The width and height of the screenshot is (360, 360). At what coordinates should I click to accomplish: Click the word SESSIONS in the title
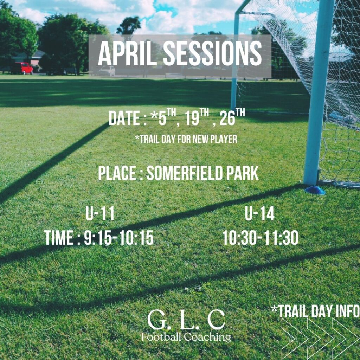pos(213,54)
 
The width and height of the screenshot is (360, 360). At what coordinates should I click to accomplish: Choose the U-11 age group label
pos(100,214)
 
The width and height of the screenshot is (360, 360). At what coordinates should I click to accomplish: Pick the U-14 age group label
pos(260,214)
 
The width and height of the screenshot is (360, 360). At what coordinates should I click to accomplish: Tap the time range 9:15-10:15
pos(119,238)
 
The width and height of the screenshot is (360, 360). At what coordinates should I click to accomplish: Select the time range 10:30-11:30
pos(261,238)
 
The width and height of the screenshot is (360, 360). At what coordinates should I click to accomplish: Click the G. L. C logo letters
pos(186,320)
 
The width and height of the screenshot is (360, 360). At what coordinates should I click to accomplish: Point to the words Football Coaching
pos(186,337)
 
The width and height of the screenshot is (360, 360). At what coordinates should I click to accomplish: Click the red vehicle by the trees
pos(22,68)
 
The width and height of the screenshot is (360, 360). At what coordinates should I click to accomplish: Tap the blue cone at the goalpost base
pos(315,190)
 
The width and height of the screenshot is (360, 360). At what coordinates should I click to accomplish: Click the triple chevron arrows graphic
pos(321,338)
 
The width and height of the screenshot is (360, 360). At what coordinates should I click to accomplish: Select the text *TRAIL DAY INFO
pos(315,311)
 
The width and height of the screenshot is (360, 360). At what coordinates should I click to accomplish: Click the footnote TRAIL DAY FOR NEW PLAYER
pos(186,139)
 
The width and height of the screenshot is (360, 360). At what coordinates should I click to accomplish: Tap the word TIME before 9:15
pos(59,238)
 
